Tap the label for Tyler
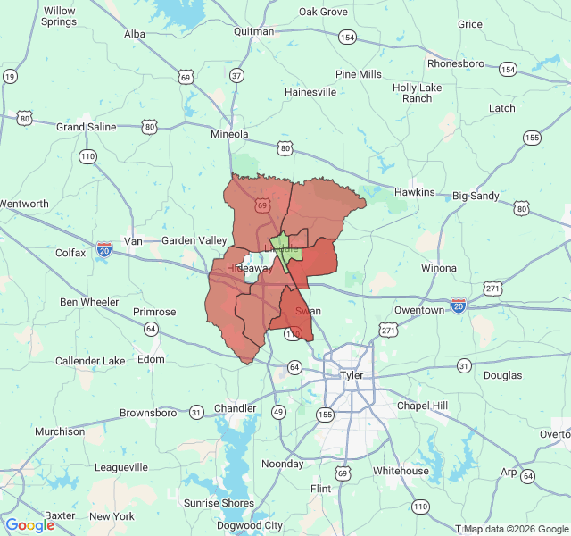[x=352, y=375]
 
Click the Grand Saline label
[x=87, y=127]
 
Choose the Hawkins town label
[x=416, y=192]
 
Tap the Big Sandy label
[x=476, y=195]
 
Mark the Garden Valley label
[x=194, y=240]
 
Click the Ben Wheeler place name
[x=89, y=302]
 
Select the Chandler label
[x=236, y=408]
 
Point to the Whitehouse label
[x=401, y=471]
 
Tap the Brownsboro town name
[x=153, y=413]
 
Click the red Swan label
[x=308, y=311]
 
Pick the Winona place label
[x=438, y=268]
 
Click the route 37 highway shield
[x=236, y=76]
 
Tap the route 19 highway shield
[x=10, y=77]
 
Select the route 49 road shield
[x=279, y=412]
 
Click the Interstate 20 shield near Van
[x=104, y=247]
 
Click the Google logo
[x=29, y=525]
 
